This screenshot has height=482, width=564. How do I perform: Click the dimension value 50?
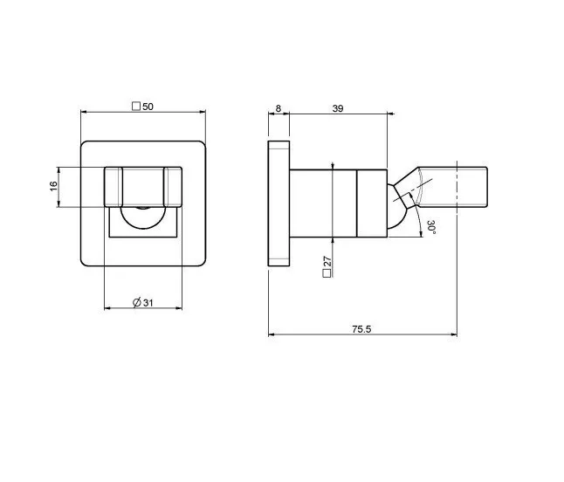click(148, 107)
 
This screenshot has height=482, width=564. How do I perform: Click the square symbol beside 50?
click(136, 107)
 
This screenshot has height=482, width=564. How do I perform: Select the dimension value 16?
click(53, 186)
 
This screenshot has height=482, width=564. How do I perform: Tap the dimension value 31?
click(148, 303)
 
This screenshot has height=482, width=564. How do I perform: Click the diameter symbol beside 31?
click(137, 303)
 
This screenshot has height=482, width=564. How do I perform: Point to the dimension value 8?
click(278, 108)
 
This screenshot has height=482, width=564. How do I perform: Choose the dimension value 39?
click(338, 108)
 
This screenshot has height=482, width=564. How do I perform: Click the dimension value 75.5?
click(361, 329)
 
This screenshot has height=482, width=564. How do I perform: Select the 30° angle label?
click(431, 227)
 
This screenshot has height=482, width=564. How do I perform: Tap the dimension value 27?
click(327, 261)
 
